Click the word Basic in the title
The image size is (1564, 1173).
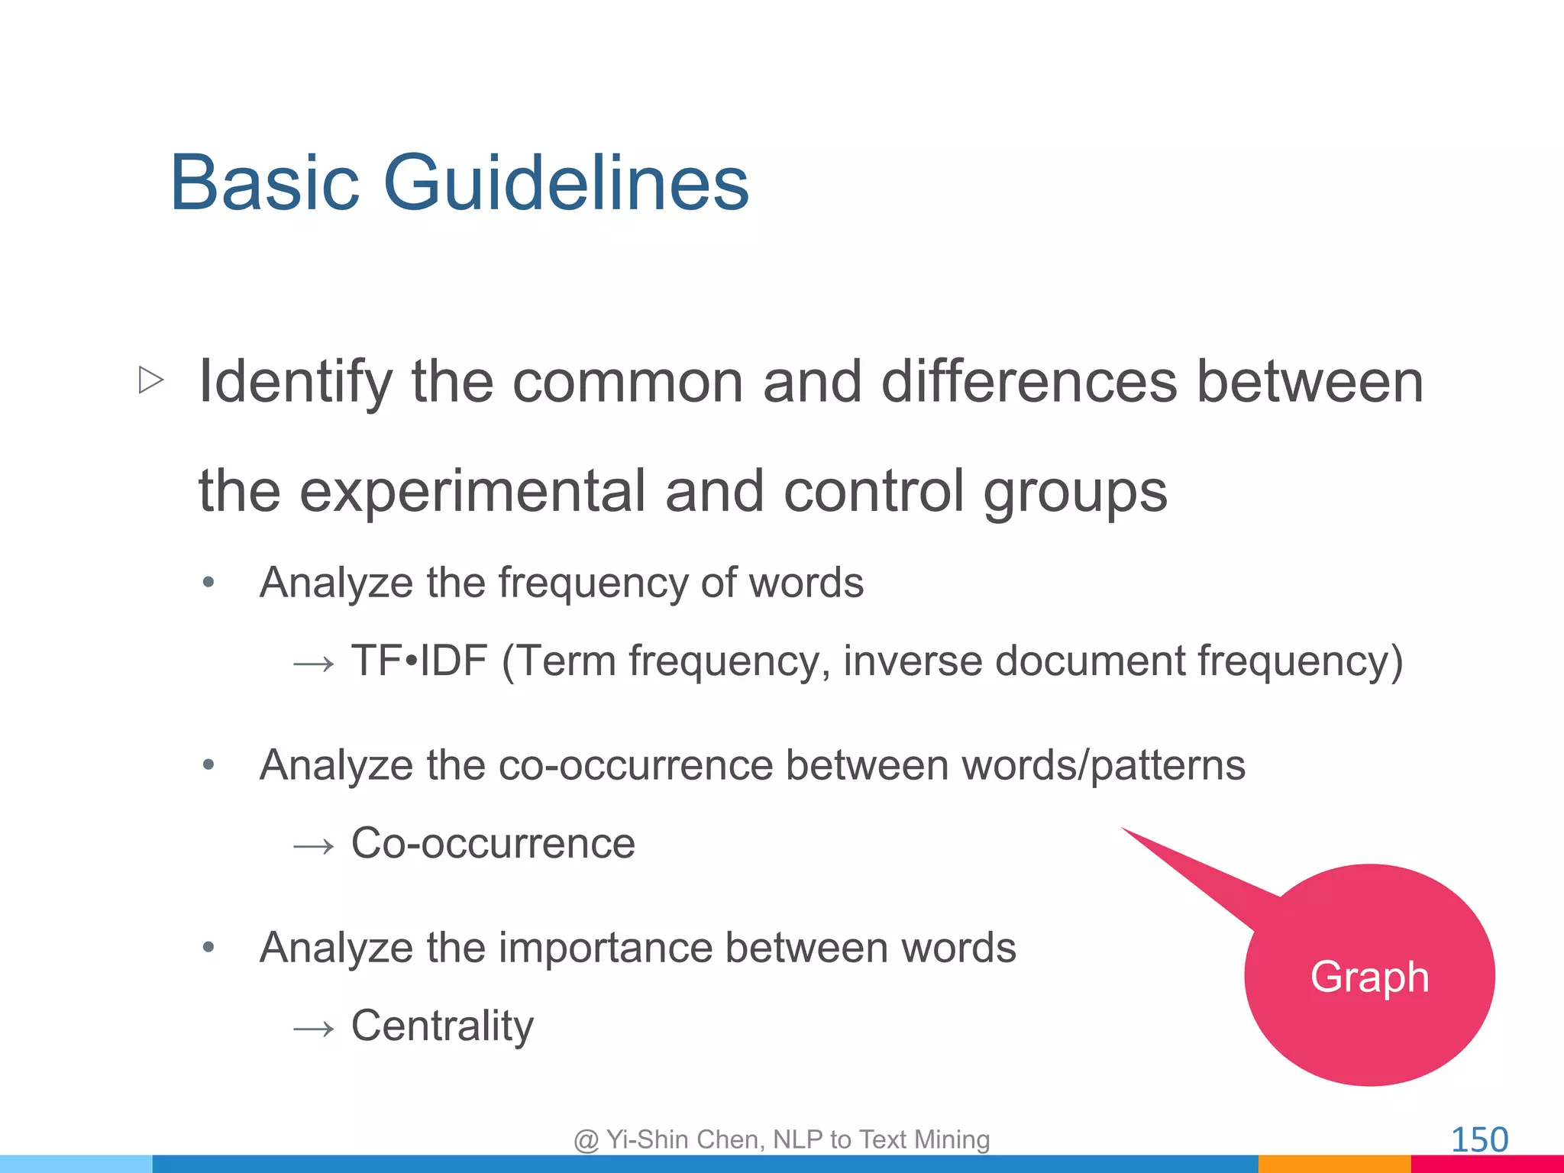click(x=264, y=183)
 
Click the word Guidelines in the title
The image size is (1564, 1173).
click(x=565, y=183)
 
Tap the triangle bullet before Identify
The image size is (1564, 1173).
click(x=151, y=380)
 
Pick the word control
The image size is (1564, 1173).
click(x=874, y=491)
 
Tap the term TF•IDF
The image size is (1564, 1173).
click(x=418, y=661)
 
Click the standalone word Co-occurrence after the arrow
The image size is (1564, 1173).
click(x=493, y=843)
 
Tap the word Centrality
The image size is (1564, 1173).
click(x=442, y=1026)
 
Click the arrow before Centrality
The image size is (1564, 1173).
click(x=314, y=1029)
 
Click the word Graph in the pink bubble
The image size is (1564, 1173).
click(x=1369, y=977)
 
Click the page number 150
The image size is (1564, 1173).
click(x=1478, y=1139)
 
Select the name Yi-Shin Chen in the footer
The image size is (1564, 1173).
click(x=685, y=1139)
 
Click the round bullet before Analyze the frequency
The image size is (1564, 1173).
click(x=208, y=583)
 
